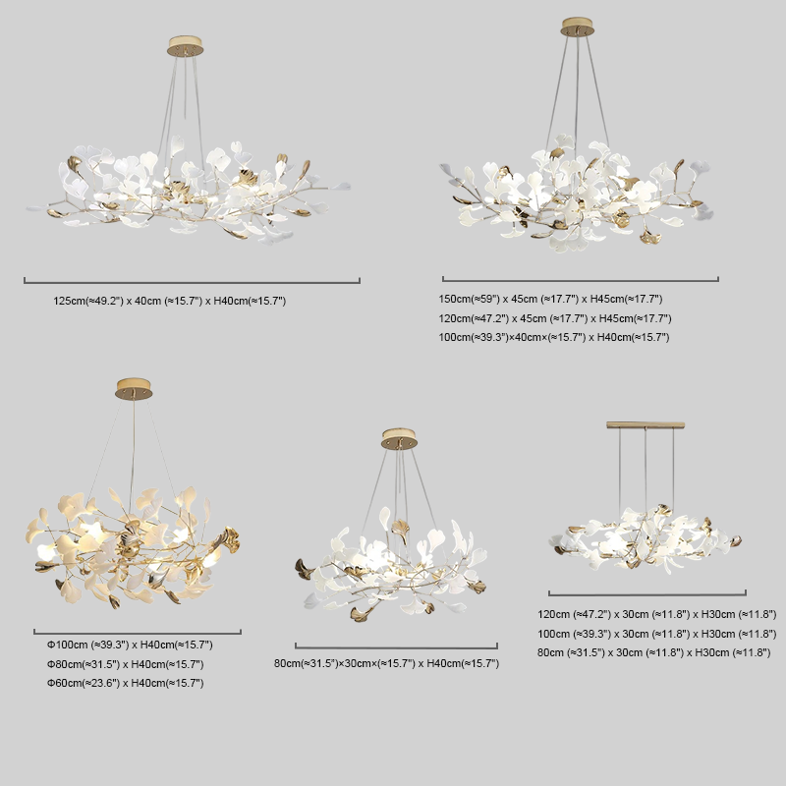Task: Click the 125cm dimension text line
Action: (169, 301)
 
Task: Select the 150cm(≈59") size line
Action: (550, 299)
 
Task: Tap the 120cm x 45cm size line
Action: (555, 318)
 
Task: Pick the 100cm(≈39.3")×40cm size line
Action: (554, 337)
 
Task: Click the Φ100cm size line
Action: (130, 645)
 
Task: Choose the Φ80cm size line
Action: (126, 664)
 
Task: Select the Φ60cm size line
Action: (126, 683)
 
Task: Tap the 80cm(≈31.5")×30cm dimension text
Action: (386, 663)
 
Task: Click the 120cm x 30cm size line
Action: (657, 614)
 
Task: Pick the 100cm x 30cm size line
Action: (657, 634)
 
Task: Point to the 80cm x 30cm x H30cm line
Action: (653, 652)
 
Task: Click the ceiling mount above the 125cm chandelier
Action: (186, 45)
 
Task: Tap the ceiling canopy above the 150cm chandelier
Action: (578, 28)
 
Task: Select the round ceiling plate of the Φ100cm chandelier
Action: (134, 389)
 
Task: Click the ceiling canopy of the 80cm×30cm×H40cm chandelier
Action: (399, 438)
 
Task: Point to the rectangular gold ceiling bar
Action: (646, 425)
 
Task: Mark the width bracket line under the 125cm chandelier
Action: (192, 282)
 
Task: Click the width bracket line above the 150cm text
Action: (581, 280)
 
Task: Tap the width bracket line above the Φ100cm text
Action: (138, 634)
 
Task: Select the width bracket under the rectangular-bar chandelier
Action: (647, 594)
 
